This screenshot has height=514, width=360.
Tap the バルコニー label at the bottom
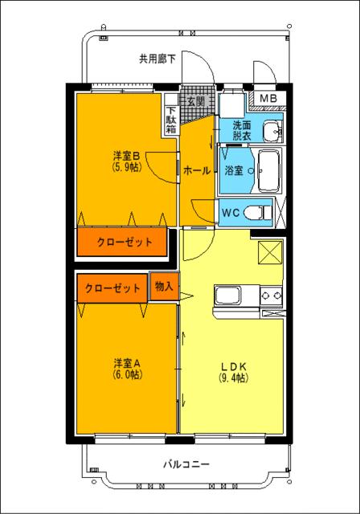point(186,464)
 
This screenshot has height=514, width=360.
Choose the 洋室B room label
point(126,157)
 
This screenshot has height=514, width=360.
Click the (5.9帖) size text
point(126,168)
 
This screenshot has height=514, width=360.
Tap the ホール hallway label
point(197,170)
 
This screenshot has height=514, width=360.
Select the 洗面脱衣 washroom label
point(242,131)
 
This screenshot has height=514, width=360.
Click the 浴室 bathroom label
point(234,170)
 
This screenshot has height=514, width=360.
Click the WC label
point(230,213)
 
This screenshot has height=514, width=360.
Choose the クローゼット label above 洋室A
point(112,288)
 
